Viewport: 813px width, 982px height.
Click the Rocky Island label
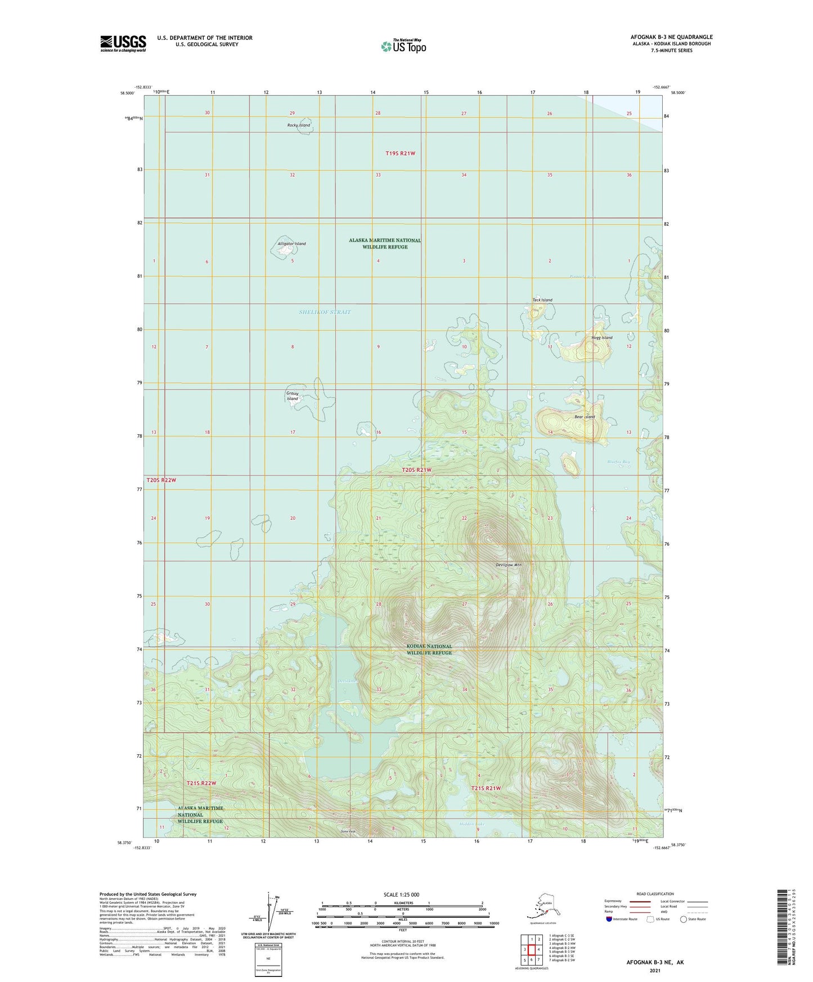click(x=299, y=125)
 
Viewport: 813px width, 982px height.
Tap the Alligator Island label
click(x=291, y=244)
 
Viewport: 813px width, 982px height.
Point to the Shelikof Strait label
click(x=325, y=312)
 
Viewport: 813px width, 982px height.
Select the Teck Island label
click(x=542, y=300)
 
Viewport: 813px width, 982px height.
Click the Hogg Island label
click(x=601, y=338)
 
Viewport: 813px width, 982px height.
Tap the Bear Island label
click(x=585, y=417)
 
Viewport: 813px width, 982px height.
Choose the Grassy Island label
click(x=293, y=396)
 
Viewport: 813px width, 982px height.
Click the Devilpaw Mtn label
click(x=509, y=565)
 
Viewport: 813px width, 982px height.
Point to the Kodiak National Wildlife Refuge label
click(x=429, y=650)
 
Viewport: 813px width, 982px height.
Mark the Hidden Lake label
click(x=471, y=824)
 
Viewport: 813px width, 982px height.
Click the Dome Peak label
click(x=348, y=831)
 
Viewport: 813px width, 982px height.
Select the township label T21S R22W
click(x=201, y=783)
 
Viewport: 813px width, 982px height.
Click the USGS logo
click(x=123, y=43)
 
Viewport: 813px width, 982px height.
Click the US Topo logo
click(x=403, y=46)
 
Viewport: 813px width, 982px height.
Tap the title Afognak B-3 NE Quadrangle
click(x=671, y=37)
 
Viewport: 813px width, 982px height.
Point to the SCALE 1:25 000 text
click(x=401, y=895)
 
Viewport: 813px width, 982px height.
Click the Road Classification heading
click(x=655, y=894)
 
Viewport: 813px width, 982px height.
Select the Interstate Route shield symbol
click(x=609, y=919)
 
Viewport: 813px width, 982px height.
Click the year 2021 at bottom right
click(x=655, y=971)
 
